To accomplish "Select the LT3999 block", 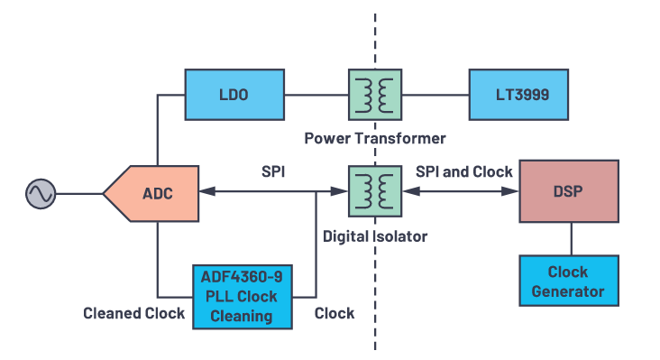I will [x=518, y=94].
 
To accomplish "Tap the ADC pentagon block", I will [x=151, y=193].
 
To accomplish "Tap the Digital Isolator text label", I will [x=375, y=235].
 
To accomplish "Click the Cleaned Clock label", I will [x=134, y=314].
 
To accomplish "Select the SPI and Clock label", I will [x=464, y=171].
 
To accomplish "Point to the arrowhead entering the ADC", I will [x=205, y=192].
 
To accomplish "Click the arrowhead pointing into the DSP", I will [x=515, y=192].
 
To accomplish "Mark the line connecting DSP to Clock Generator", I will [x=570, y=238].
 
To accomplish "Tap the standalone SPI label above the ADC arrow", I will [x=273, y=171].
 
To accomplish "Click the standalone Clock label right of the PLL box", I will [x=334, y=314].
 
